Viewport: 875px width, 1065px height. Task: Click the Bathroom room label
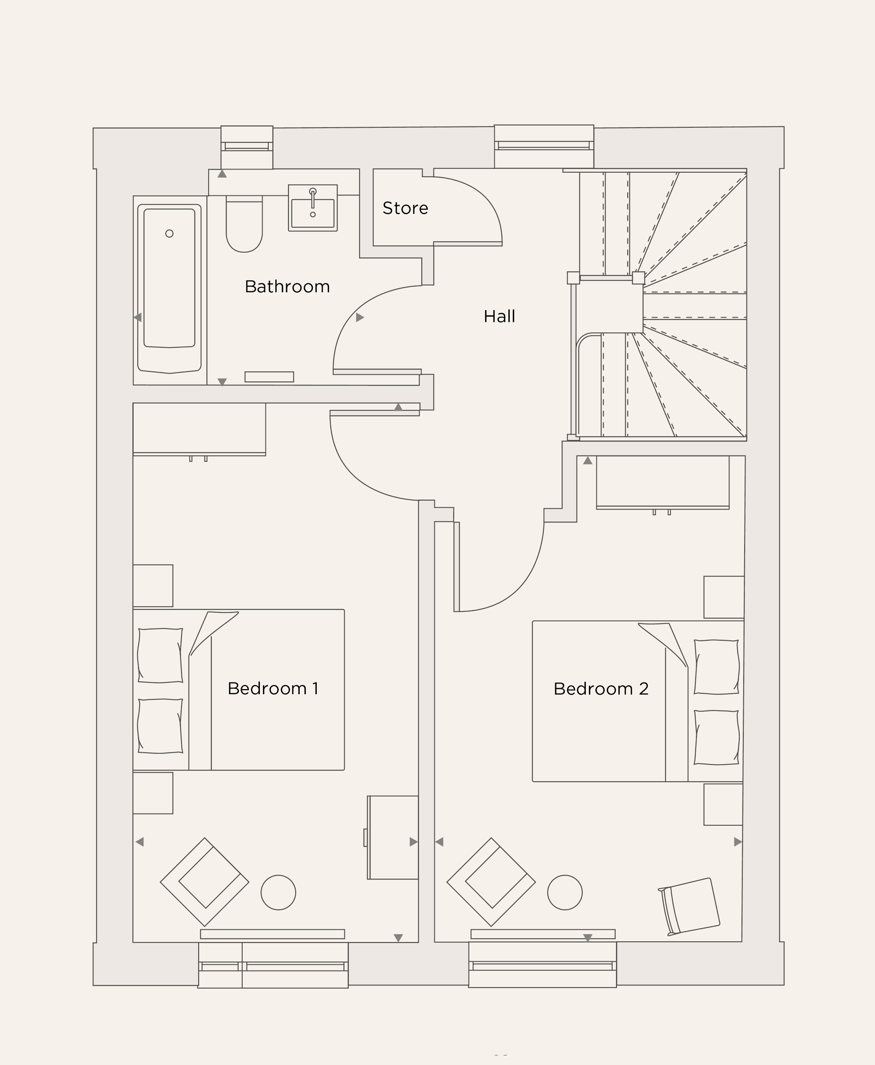(x=287, y=286)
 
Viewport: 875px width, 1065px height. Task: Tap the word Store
(x=405, y=208)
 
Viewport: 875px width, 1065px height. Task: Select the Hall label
(x=499, y=316)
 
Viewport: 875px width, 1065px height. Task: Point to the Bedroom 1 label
(x=273, y=688)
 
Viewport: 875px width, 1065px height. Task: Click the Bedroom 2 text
(x=601, y=689)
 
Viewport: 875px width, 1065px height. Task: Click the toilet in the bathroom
(x=245, y=225)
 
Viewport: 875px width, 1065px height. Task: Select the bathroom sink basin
(x=312, y=212)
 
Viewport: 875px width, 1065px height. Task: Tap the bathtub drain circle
(x=169, y=233)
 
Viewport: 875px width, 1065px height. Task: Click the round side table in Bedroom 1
(x=278, y=892)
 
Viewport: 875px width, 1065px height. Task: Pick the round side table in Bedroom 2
(x=564, y=892)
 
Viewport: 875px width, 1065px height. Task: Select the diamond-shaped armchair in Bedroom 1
(x=205, y=882)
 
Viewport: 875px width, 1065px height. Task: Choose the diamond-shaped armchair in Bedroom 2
(x=491, y=882)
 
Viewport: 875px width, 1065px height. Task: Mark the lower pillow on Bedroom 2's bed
(x=716, y=737)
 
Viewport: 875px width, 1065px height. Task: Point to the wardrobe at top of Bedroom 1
(x=199, y=429)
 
